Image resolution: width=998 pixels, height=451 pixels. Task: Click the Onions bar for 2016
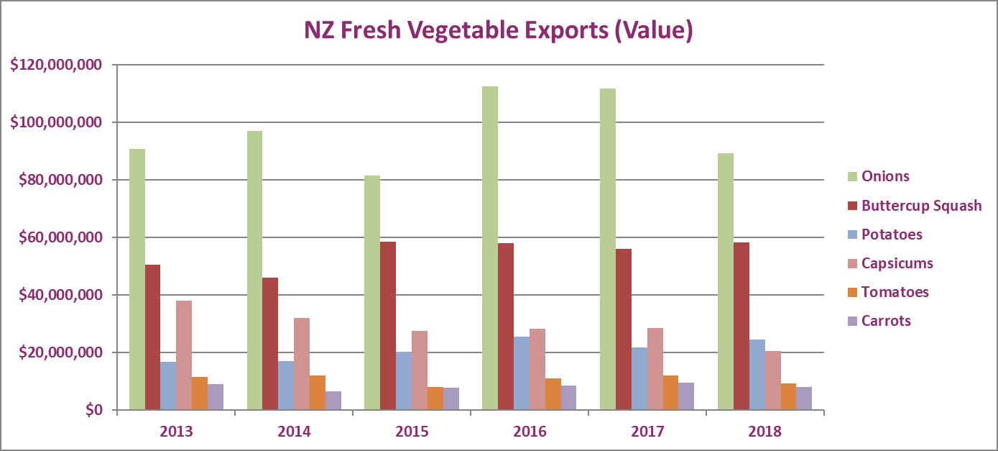490,248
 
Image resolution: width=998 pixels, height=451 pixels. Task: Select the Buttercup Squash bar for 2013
152,337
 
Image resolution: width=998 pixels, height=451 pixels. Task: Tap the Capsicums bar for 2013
184,355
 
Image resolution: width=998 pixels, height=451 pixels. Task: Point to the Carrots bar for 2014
333,401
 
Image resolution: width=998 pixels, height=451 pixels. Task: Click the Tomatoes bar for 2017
671,393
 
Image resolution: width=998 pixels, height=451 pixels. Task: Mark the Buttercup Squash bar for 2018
741,327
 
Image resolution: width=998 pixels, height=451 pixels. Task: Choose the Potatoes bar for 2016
522,373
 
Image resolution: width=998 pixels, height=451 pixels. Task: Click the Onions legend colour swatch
852,177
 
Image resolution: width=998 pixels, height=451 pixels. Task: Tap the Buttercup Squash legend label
921,206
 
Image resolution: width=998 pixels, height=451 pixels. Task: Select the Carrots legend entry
886,321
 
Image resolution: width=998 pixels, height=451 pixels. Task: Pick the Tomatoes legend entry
895,292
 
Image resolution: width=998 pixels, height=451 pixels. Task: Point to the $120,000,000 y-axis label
56,65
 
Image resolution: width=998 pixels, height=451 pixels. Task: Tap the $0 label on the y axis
94,410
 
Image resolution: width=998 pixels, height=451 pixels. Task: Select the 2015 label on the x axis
412,432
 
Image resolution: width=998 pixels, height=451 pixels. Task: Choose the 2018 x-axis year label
764,432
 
